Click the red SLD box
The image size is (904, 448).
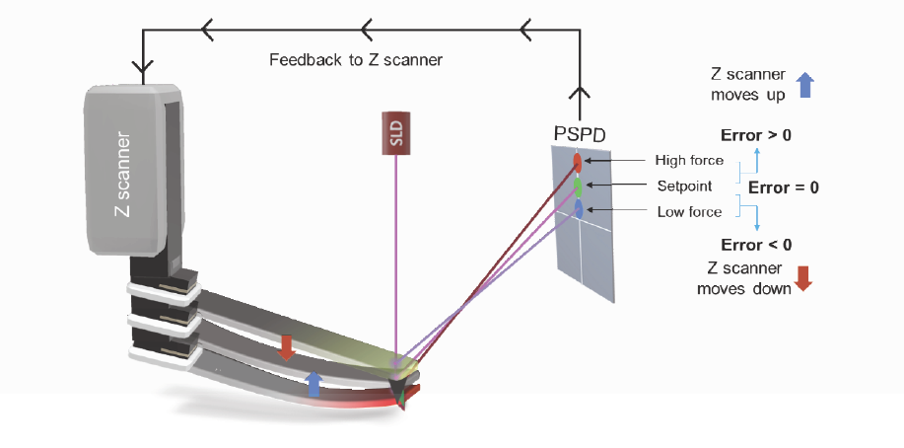pos(395,133)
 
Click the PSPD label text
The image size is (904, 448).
pos(579,134)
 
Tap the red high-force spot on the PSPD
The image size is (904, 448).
pos(577,161)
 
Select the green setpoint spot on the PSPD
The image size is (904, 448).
pos(577,185)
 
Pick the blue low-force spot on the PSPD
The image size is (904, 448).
pos(579,209)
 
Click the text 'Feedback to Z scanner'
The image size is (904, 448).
pos(356,60)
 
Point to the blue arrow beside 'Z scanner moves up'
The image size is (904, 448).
pos(805,85)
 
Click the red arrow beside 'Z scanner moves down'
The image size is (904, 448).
pos(803,277)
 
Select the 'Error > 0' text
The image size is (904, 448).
pos(756,135)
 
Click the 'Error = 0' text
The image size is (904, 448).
pos(784,187)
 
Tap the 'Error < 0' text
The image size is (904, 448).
pos(756,245)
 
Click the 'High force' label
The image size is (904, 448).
pos(689,160)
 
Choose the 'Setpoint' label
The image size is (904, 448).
pos(684,187)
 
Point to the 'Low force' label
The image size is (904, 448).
pos(689,212)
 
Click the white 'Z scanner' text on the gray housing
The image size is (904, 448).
pos(123,175)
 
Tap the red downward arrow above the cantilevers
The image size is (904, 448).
pos(285,346)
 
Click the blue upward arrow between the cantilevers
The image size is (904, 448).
pos(313,384)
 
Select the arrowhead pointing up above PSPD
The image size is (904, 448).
pos(580,93)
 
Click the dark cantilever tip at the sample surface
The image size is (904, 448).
pos(401,394)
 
